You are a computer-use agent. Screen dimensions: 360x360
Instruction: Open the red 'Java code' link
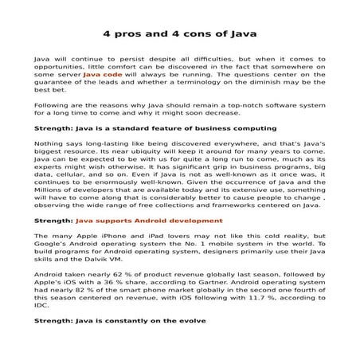coord(103,73)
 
